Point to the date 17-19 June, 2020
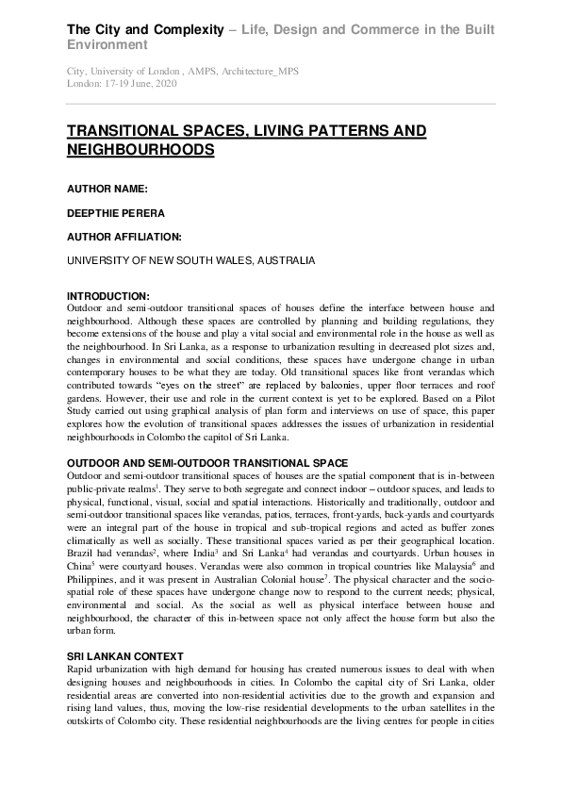coord(141,83)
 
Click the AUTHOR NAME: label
coord(107,190)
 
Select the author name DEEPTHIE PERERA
coord(116,213)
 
